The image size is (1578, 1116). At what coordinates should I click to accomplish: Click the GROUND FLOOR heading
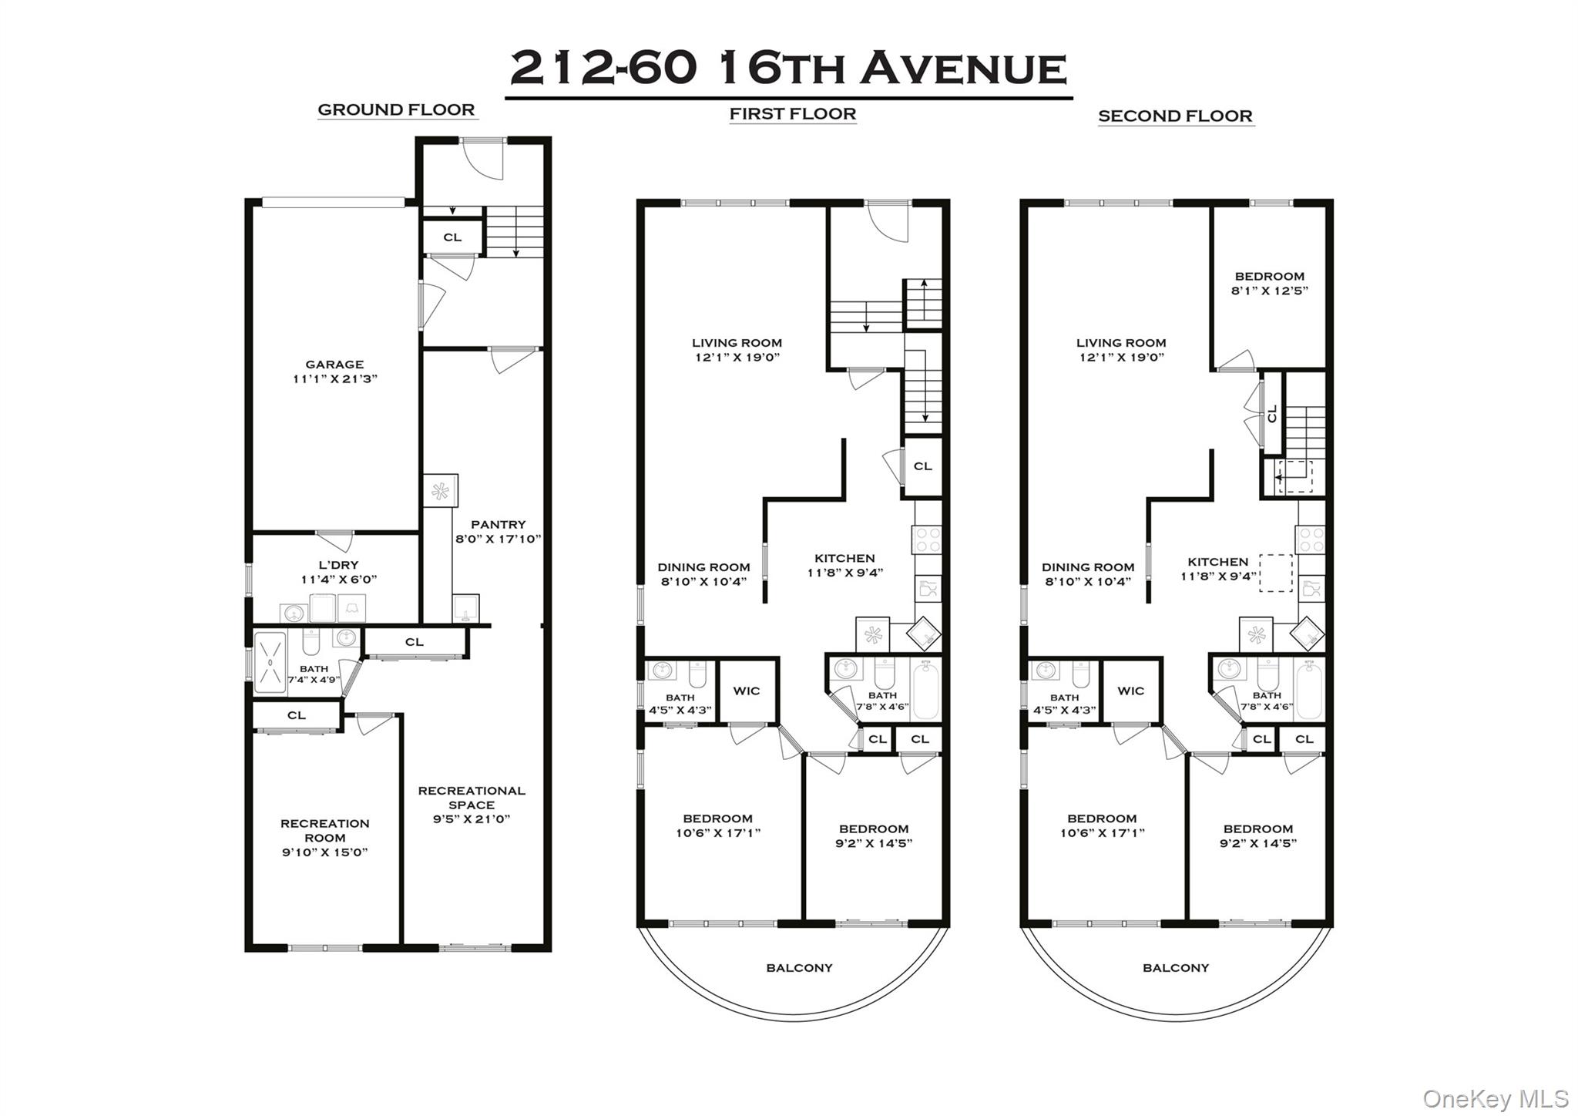tap(396, 109)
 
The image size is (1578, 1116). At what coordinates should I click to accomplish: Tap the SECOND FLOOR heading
tap(1175, 116)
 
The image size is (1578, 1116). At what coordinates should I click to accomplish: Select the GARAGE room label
tap(334, 365)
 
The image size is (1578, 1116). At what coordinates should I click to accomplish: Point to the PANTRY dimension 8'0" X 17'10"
tap(499, 539)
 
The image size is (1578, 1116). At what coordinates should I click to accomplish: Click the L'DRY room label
tap(338, 565)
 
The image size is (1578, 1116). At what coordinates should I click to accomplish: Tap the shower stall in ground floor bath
tap(270, 662)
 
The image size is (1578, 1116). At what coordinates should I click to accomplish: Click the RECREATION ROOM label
tap(324, 830)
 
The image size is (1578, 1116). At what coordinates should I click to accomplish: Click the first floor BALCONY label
tap(799, 967)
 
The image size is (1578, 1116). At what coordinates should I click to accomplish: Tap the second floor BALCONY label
tap(1175, 967)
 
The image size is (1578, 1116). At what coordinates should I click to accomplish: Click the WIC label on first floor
tap(746, 691)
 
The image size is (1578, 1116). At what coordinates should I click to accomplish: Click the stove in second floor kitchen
tap(1311, 539)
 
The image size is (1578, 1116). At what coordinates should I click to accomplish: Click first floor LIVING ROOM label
tap(737, 343)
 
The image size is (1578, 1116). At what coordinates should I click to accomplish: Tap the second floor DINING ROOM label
tap(1088, 566)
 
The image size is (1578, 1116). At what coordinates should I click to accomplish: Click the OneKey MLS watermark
tap(1495, 1098)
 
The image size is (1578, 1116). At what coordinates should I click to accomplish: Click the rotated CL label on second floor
tap(1272, 413)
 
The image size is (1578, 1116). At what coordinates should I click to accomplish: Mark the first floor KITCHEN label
tap(844, 558)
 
